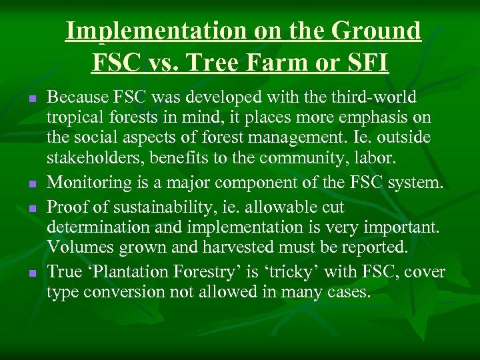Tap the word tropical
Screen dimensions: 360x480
(75, 118)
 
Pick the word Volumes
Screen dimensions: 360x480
(77, 247)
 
